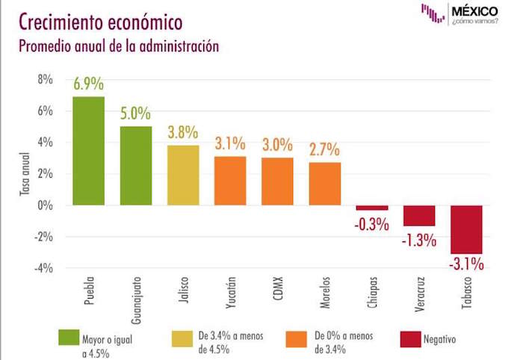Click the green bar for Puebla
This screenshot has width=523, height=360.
point(88,151)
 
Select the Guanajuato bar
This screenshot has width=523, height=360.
point(135,166)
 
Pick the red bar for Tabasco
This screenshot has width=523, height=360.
point(466,229)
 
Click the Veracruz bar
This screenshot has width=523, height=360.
point(419,215)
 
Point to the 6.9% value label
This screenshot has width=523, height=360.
point(88,84)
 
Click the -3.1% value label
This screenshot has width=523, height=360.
point(467,264)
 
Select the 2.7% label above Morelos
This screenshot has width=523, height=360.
point(324,149)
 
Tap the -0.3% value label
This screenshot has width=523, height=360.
point(371,221)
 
